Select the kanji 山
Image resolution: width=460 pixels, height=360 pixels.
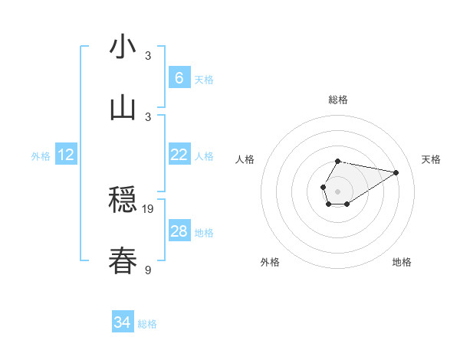click(123, 108)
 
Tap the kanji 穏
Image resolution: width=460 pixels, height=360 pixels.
click(123, 201)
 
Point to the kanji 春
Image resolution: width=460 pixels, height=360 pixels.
click(123, 261)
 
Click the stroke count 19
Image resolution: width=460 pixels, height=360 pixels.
click(148, 208)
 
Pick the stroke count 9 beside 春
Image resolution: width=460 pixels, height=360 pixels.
click(148, 270)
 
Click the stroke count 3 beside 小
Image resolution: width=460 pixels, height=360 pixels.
click(148, 55)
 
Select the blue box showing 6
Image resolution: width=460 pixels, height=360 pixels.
click(179, 77)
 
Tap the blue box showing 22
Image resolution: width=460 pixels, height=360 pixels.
click(179, 155)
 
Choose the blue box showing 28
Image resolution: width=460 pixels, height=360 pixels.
click(179, 231)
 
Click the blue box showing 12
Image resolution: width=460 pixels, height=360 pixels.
click(66, 155)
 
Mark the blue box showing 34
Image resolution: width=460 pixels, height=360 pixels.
click(123, 322)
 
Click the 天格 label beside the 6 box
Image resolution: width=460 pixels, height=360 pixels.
click(204, 80)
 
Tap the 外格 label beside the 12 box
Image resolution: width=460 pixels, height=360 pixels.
click(41, 156)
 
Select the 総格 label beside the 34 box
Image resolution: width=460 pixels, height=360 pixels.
click(147, 324)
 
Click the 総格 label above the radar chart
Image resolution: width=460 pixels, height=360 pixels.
click(338, 100)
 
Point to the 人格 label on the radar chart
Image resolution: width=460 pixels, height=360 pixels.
click(245, 159)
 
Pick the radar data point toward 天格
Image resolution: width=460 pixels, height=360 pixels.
click(396, 172)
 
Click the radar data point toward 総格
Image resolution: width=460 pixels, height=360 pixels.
click(338, 161)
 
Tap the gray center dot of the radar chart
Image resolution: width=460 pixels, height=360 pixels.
click(337, 189)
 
